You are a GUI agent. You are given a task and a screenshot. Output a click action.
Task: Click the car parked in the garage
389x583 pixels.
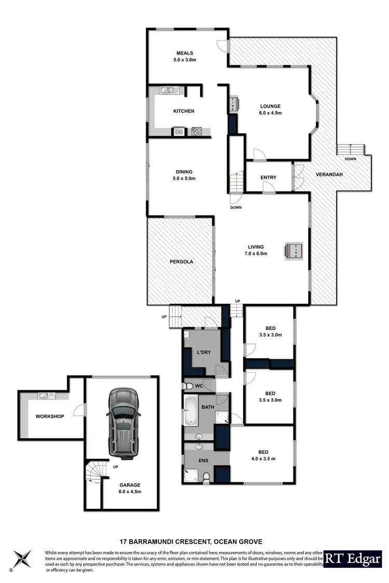(123, 425)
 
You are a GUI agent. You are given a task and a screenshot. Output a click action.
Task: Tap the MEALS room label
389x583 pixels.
(185, 53)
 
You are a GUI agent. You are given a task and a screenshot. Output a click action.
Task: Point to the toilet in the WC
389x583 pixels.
(190, 386)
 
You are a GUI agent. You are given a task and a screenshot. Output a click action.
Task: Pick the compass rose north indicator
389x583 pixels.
(23, 560)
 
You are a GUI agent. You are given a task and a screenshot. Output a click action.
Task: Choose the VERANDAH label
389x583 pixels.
(329, 175)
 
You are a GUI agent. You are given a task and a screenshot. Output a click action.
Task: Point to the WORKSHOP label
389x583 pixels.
(49, 416)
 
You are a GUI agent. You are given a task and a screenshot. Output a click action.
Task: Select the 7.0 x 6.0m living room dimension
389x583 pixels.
(256, 254)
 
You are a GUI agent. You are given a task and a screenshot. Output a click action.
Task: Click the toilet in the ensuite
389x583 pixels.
(205, 477)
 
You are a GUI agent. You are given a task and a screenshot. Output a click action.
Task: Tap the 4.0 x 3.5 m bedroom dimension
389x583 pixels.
(263, 459)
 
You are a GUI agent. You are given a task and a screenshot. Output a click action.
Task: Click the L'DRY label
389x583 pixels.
(203, 352)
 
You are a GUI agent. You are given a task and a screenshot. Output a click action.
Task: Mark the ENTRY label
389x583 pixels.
(268, 178)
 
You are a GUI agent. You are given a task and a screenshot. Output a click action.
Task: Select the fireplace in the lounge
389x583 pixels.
(233, 103)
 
